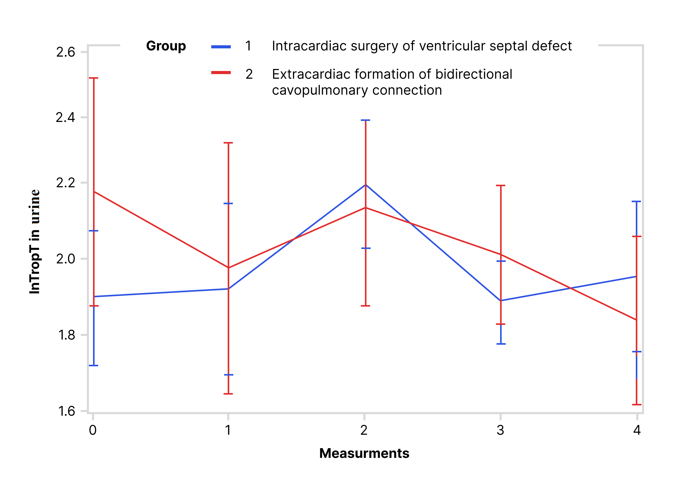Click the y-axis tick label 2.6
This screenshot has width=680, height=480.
(66, 52)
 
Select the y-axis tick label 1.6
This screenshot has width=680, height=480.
(66, 411)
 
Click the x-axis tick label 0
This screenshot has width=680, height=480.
(93, 430)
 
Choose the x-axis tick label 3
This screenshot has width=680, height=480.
(500, 430)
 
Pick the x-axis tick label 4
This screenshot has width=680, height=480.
(637, 430)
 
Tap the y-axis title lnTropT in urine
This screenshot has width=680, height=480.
(35, 242)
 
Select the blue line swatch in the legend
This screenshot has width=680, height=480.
(221, 47)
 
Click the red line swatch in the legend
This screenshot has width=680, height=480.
(221, 73)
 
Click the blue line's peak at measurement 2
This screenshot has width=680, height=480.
(365, 185)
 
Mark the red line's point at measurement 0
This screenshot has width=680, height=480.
(94, 192)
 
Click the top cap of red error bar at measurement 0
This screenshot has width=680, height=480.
(94, 78)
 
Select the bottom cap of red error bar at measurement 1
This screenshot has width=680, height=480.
(228, 394)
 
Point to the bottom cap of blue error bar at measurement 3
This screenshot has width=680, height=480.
(501, 344)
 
